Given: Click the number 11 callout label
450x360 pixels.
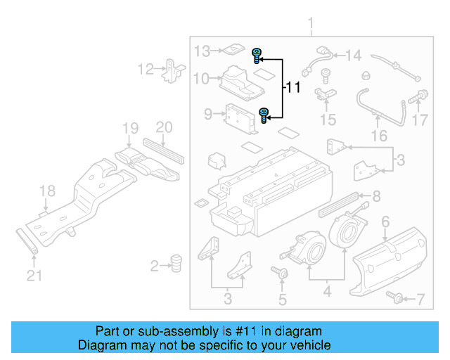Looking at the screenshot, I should pyautogui.click(x=292, y=88).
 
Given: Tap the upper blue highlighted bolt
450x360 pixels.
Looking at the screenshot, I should pyautogui.click(x=257, y=54).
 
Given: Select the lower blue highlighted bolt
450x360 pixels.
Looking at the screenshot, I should pyautogui.click(x=264, y=115).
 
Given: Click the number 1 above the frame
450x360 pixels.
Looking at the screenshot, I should pyautogui.click(x=311, y=26).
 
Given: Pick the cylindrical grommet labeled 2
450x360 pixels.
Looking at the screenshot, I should pyautogui.click(x=176, y=264).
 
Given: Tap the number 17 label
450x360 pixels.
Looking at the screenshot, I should pyautogui.click(x=420, y=120).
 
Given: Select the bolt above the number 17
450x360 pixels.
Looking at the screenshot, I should pyautogui.click(x=423, y=95).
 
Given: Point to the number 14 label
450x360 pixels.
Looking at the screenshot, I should pyautogui.click(x=353, y=55).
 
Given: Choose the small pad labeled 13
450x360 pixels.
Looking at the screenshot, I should pyautogui.click(x=230, y=50).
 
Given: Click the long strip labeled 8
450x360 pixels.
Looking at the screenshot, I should pyautogui.click(x=340, y=203).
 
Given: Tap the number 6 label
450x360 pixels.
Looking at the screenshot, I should pyautogui.click(x=385, y=222).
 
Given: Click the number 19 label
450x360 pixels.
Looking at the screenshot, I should pyautogui.click(x=130, y=128).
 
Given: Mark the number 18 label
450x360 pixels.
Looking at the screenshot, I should pyautogui.click(x=46, y=191).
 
